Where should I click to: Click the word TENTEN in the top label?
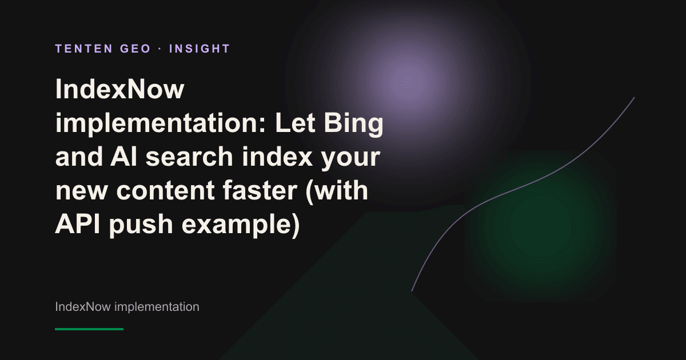click(x=84, y=49)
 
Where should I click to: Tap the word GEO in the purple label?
click(x=135, y=49)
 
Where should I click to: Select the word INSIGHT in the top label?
click(x=200, y=49)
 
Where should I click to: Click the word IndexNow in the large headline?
click(x=119, y=89)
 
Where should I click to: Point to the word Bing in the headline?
click(x=354, y=123)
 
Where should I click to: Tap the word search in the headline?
click(x=189, y=157)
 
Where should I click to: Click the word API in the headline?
click(x=78, y=224)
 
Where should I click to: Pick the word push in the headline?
click(x=141, y=225)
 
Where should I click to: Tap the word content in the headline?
click(x=165, y=190)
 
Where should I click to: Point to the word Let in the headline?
click(x=295, y=123)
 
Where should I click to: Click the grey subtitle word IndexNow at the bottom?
click(x=83, y=307)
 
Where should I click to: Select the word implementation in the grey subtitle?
click(x=157, y=307)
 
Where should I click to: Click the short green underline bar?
click(x=89, y=329)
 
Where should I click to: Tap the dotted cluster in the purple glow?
click(x=408, y=83)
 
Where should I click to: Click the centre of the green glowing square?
click(x=541, y=226)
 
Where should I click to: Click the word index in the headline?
click(x=277, y=157)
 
